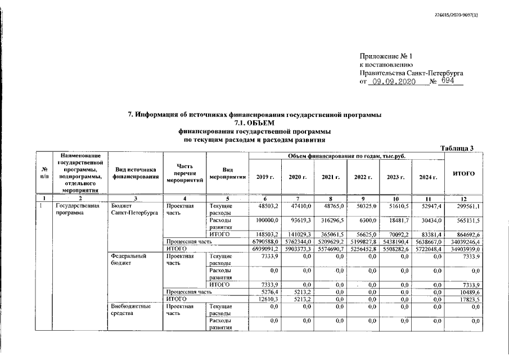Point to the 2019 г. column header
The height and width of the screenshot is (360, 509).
click(264, 177)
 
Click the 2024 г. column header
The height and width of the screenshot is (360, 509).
click(428, 177)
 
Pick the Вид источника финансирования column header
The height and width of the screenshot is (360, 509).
click(134, 173)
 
